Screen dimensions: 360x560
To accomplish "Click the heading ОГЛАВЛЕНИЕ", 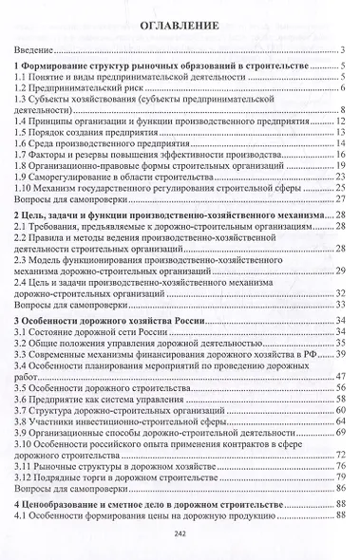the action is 180,26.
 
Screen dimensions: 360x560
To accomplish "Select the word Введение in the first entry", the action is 36,50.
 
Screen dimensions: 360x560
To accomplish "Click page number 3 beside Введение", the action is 342,50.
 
